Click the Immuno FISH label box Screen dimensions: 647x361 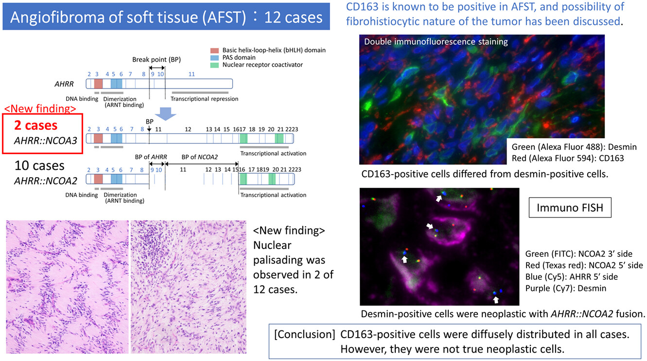coord(570,208)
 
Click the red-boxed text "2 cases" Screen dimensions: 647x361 coord(36,126)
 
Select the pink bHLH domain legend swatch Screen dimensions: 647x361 coord(214,51)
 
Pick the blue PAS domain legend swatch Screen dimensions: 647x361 coord(214,58)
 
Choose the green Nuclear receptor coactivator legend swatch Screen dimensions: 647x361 coord(214,65)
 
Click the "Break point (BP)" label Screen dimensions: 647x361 coord(157,59)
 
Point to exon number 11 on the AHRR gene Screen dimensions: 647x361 coord(192,74)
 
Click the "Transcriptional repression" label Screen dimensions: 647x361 coord(204,99)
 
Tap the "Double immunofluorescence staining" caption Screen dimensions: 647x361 coord(436,42)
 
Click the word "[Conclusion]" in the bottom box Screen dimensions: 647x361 coord(304,334)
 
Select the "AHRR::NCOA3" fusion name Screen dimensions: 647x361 coord(46,141)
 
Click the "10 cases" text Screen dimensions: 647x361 coord(39,165)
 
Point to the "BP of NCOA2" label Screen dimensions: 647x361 coord(200,157)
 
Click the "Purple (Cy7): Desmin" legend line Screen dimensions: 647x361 coord(565,288)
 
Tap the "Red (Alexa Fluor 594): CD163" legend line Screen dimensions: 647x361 coord(568,158)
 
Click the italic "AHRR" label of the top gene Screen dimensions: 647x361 coord(64,84)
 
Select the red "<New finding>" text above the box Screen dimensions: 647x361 coord(40,108)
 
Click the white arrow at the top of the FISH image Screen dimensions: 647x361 coord(439,198)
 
